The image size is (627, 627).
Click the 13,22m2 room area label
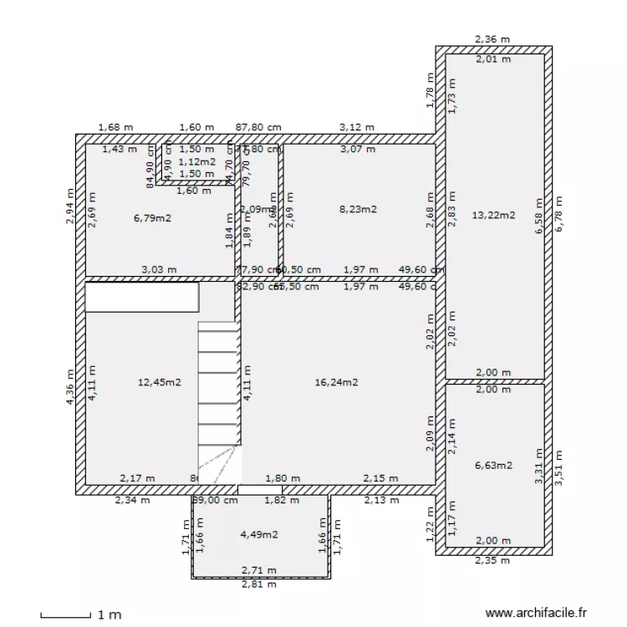pyautogui.click(x=493, y=215)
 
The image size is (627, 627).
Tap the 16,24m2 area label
pyautogui.click(x=336, y=382)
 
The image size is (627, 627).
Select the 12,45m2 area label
pyautogui.click(x=159, y=382)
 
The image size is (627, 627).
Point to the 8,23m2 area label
pyautogui.click(x=358, y=210)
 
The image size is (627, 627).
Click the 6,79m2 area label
pyautogui.click(x=153, y=219)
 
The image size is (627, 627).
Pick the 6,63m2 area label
pyautogui.click(x=493, y=466)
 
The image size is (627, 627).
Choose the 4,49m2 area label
pyautogui.click(x=259, y=534)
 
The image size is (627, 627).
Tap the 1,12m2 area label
pyautogui.click(x=197, y=161)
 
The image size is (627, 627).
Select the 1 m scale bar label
pyautogui.click(x=110, y=615)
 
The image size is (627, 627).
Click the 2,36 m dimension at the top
pyautogui.click(x=492, y=38)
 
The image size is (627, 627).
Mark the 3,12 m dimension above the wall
pyautogui.click(x=357, y=128)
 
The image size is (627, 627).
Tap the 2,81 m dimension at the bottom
pyautogui.click(x=259, y=584)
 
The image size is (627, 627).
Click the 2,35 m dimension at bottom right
pyautogui.click(x=492, y=561)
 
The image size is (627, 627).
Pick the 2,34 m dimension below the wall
pyautogui.click(x=132, y=501)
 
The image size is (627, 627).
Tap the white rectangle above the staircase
pyautogui.click(x=143, y=297)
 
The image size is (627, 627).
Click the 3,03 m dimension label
pyautogui.click(x=159, y=270)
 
